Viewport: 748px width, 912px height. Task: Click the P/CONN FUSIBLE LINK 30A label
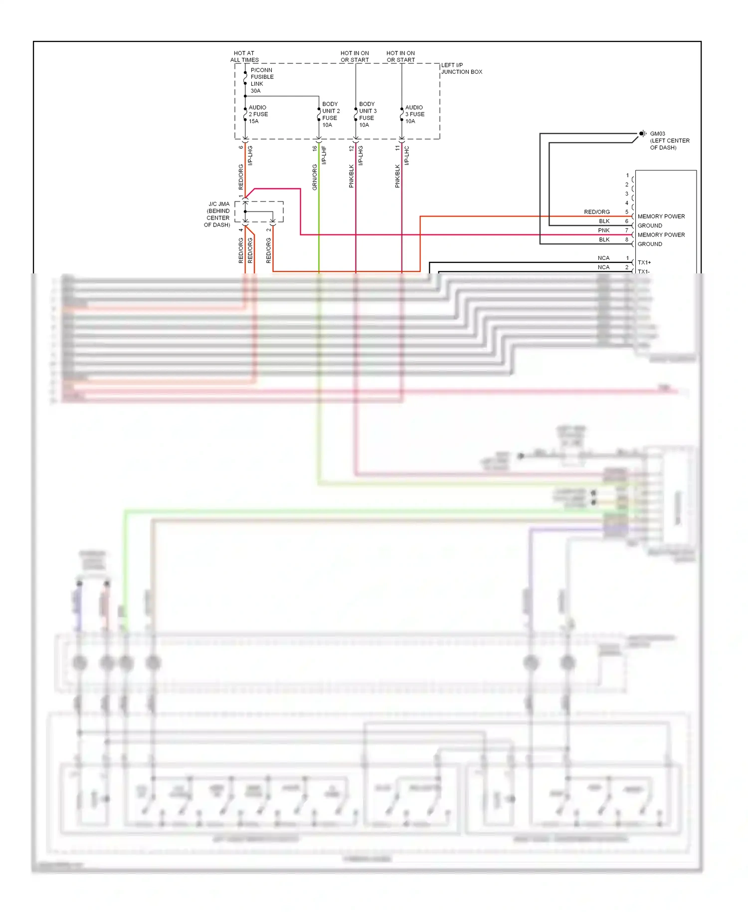tap(261, 80)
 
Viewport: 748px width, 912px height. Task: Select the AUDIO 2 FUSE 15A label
tap(258, 114)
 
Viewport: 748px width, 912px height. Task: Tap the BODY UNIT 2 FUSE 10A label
tap(330, 115)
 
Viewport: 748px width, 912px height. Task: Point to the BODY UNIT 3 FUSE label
tap(368, 115)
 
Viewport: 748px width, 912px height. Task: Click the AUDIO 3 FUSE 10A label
tap(414, 114)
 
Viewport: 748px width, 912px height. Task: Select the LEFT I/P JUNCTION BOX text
tap(461, 68)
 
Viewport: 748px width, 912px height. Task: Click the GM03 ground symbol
tap(642, 134)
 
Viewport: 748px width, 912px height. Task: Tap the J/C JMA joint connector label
tap(217, 215)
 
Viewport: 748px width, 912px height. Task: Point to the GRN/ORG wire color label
tap(315, 177)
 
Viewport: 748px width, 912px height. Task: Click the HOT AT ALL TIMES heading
tap(244, 56)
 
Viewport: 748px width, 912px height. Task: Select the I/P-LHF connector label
tap(324, 155)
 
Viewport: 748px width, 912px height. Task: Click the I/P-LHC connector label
tap(407, 155)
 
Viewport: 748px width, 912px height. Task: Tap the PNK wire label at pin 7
tap(603, 230)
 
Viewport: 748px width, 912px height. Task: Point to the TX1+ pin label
tap(644, 262)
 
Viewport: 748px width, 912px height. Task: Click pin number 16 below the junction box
tap(315, 148)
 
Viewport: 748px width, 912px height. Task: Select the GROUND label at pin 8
tap(650, 244)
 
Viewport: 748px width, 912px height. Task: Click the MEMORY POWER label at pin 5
tap(661, 217)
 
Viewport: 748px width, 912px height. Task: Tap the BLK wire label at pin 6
tap(604, 222)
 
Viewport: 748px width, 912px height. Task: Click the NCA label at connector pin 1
tap(603, 258)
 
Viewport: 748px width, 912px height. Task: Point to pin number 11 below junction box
tap(397, 148)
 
